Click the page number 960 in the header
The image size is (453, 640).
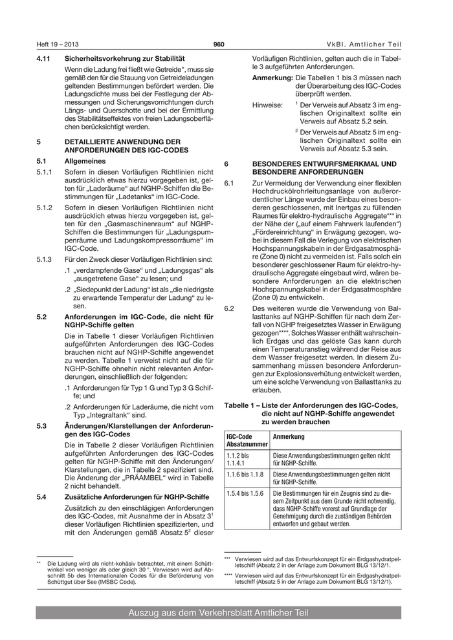tap(218, 44)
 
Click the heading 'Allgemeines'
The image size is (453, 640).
tap(87, 160)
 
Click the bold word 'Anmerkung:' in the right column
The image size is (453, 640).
tap(272, 78)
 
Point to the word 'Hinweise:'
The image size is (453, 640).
tap(267, 103)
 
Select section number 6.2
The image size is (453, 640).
tap(228, 308)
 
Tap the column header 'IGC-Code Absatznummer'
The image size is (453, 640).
tap(247, 441)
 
